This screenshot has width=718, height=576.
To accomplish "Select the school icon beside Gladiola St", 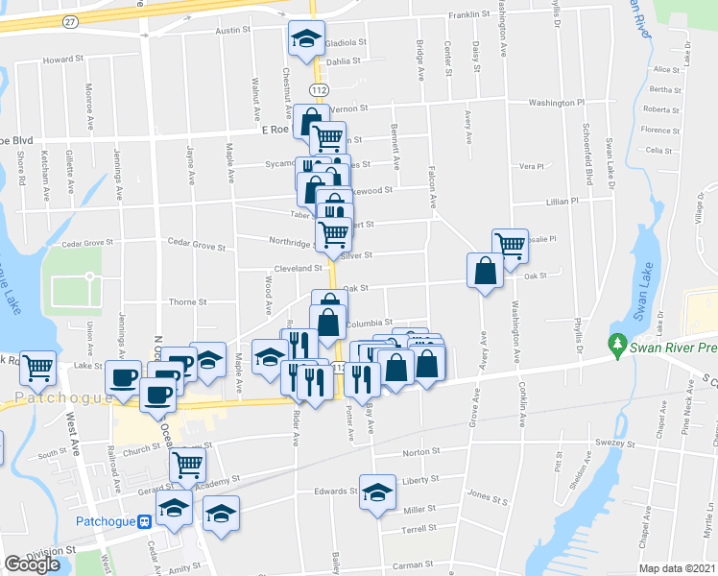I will click(x=307, y=39).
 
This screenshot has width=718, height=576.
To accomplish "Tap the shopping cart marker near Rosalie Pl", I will click(x=510, y=245).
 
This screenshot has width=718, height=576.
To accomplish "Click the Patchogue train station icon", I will click(x=144, y=522).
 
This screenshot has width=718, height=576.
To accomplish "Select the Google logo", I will click(x=32, y=564).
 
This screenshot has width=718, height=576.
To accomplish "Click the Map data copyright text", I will click(x=678, y=568).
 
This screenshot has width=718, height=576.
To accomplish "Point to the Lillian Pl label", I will click(x=562, y=203).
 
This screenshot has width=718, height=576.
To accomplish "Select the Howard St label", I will click(x=63, y=59).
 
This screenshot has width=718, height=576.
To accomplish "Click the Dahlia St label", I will click(x=344, y=60).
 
